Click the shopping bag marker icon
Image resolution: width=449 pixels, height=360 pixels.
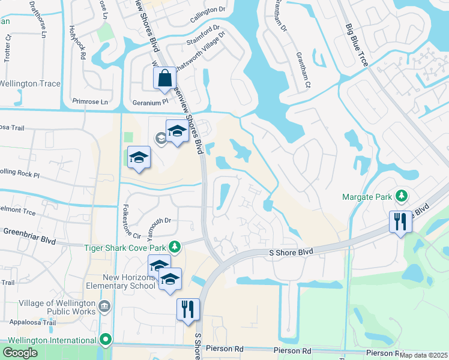click(164, 79)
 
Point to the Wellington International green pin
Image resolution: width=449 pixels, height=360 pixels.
click(106, 340)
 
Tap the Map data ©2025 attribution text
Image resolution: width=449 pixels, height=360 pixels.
click(423, 355)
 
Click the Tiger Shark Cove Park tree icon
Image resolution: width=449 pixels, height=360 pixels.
click(175, 246)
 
